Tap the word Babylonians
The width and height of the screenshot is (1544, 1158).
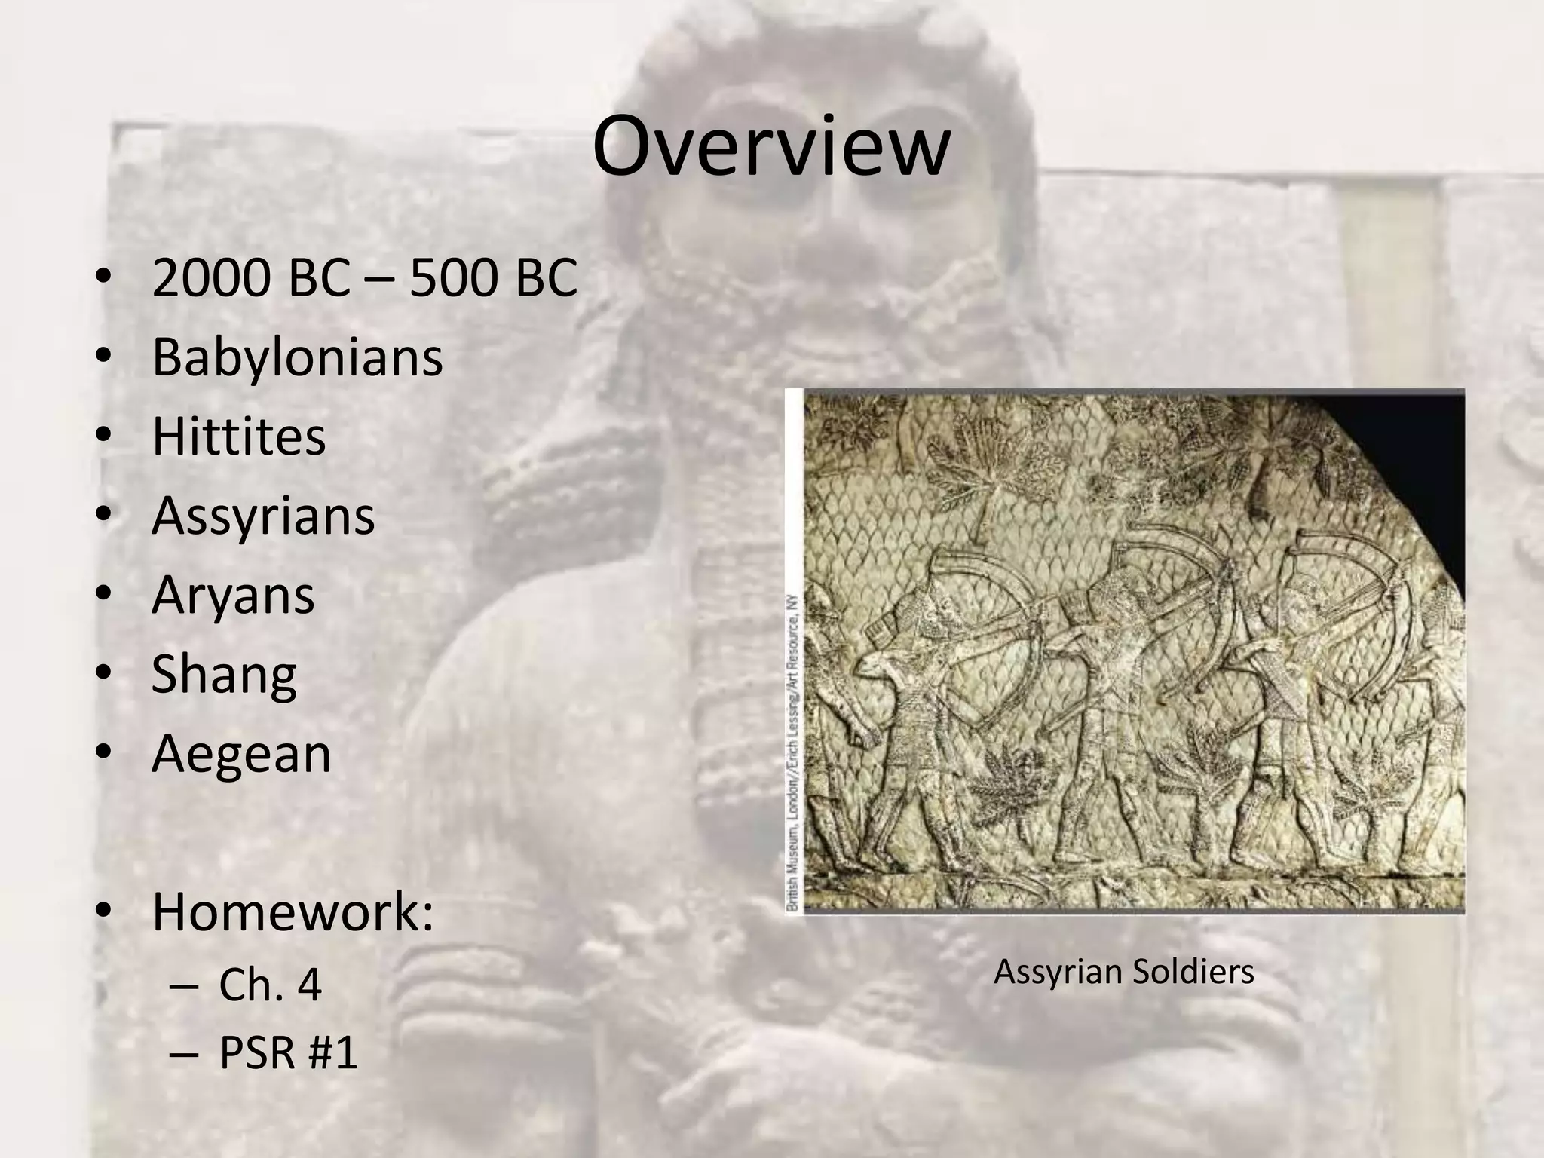point(297,357)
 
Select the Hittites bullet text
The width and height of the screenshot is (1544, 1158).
point(238,436)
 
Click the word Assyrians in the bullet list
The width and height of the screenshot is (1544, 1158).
point(262,516)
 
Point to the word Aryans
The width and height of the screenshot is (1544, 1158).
point(232,595)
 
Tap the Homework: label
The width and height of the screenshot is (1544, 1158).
point(293,911)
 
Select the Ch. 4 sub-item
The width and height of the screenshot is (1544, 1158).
point(270,984)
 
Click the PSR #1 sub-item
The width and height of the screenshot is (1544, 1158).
point(287,1052)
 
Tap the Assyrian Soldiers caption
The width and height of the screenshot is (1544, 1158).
point(1123,972)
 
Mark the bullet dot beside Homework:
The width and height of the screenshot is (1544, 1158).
point(103,911)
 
